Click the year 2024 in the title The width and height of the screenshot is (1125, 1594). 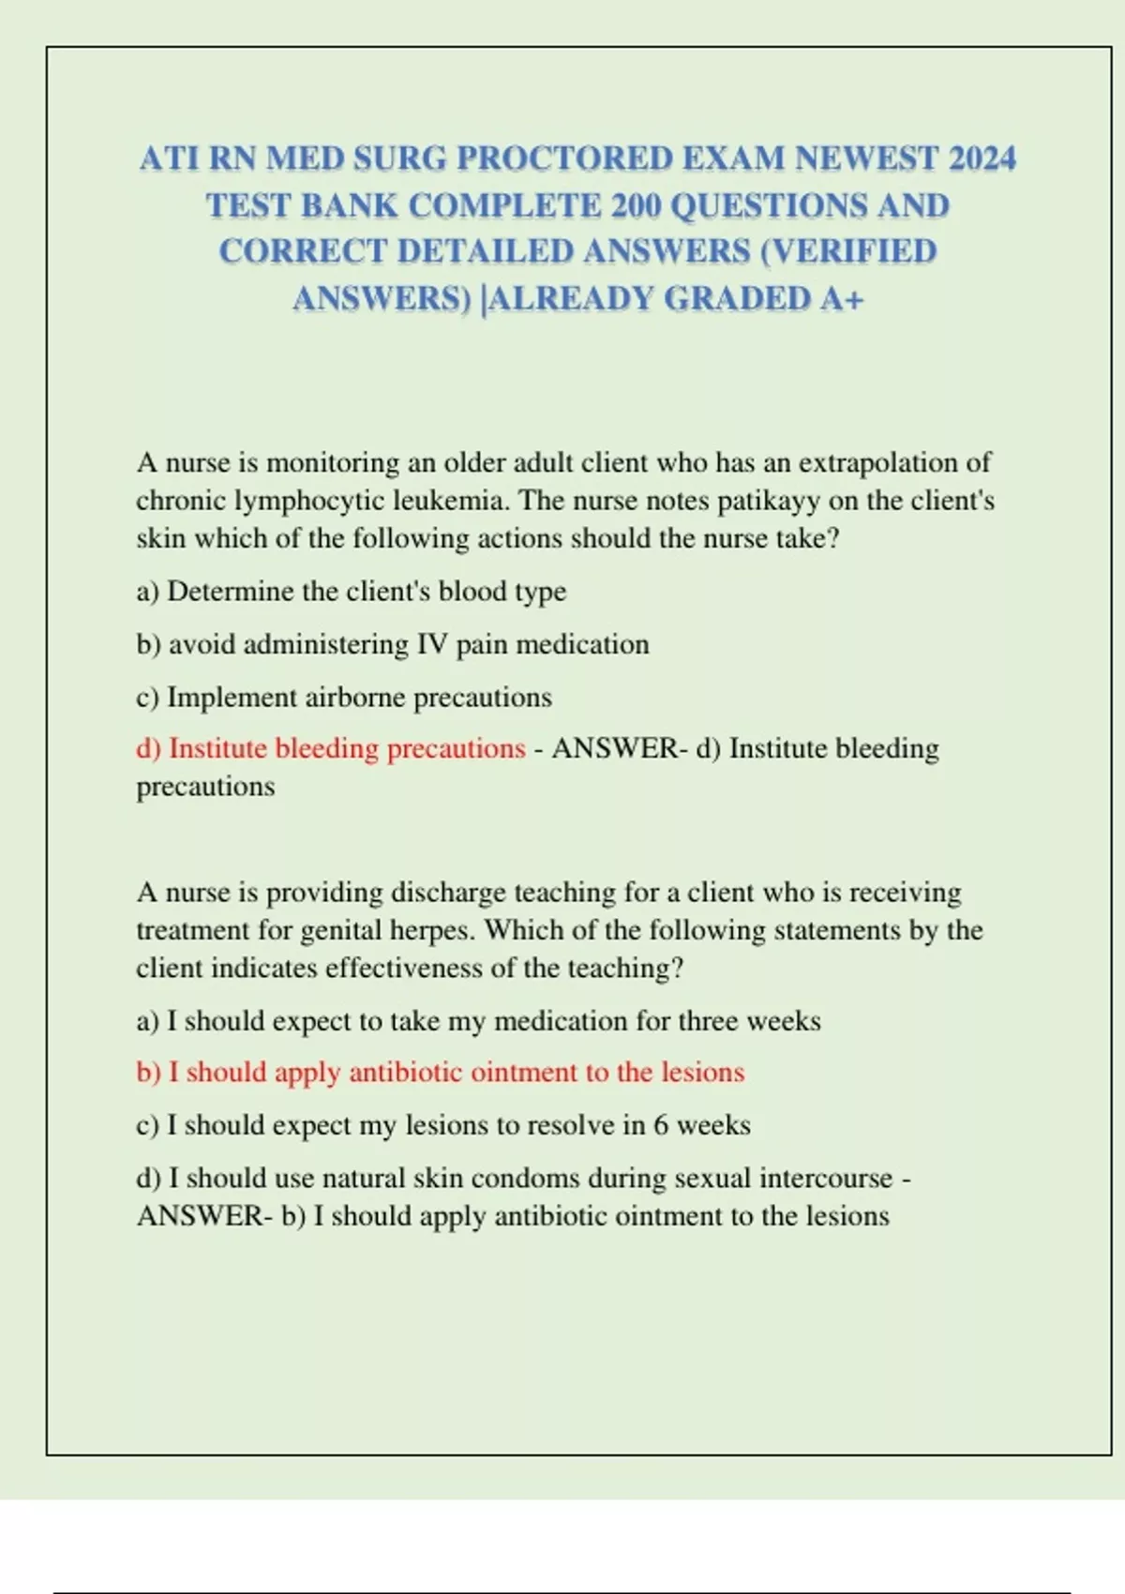tap(982, 158)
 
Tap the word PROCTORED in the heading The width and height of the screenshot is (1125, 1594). tap(564, 158)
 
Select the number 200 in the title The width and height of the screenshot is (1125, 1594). tap(636, 205)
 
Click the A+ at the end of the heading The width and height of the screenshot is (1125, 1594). tap(842, 298)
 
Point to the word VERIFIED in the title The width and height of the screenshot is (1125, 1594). tap(855, 251)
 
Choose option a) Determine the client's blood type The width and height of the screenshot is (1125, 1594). tap(352, 592)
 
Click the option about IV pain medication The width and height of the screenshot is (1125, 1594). tap(393, 644)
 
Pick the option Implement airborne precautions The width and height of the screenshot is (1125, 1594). tap(344, 698)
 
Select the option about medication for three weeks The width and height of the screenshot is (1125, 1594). tap(479, 1020)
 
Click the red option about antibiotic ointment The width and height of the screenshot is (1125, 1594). tap(441, 1072)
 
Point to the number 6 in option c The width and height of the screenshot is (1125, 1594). tap(661, 1125)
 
